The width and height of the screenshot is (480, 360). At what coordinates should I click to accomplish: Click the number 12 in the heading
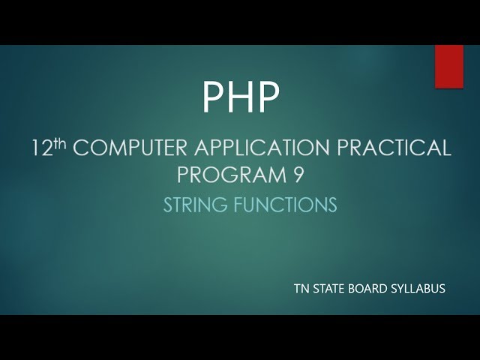point(42,148)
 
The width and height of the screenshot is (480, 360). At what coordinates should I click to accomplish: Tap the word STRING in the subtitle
point(191,204)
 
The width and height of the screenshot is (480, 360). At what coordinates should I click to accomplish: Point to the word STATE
point(333,286)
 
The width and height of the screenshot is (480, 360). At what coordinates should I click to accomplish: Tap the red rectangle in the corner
point(449,67)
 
